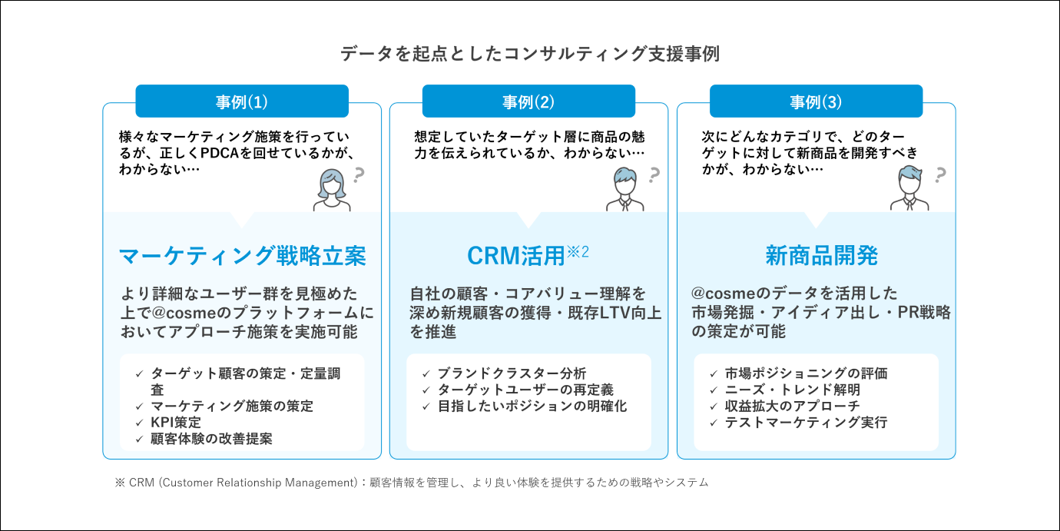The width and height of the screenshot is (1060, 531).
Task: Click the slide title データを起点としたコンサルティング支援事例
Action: (530, 54)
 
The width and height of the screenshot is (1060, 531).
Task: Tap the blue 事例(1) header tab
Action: (242, 101)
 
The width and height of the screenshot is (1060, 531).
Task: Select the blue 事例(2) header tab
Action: (528, 101)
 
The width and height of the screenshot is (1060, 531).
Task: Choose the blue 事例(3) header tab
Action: (816, 101)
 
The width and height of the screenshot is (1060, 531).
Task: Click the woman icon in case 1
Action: (332, 190)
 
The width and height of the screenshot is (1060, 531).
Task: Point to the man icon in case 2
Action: (625, 189)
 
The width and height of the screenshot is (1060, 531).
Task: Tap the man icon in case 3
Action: (909, 188)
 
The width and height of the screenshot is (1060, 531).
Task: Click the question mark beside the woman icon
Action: (359, 175)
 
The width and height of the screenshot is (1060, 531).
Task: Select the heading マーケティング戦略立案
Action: (242, 256)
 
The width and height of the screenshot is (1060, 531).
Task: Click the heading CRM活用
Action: (516, 256)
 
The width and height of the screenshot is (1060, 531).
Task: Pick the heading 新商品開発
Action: (822, 256)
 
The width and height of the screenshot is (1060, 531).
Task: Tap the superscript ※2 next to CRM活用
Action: (578, 252)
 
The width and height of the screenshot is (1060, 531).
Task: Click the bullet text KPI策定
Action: (176, 422)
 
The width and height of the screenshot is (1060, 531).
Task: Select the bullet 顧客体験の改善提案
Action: (211, 439)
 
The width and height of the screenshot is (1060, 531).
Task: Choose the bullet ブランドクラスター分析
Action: (512, 373)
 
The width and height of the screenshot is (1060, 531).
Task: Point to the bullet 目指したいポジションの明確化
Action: (532, 406)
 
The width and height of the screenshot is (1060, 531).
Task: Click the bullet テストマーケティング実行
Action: (806, 422)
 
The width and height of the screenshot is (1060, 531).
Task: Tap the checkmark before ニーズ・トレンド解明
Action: (714, 390)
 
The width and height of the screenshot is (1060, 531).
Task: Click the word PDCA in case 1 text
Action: (220, 153)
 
